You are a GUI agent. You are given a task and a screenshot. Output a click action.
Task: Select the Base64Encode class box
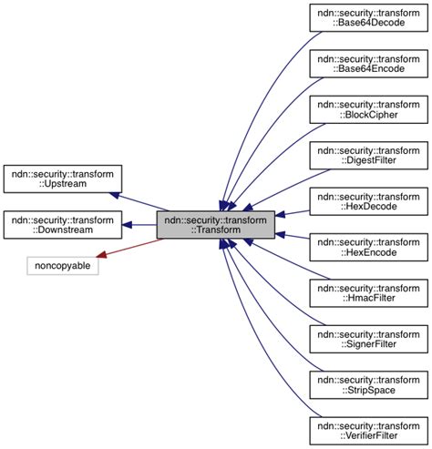pyautogui.click(x=368, y=66)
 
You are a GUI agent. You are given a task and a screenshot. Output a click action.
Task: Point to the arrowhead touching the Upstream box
pyautogui.click(x=116, y=194)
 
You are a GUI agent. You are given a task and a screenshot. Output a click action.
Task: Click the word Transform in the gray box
pyautogui.click(x=218, y=231)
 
